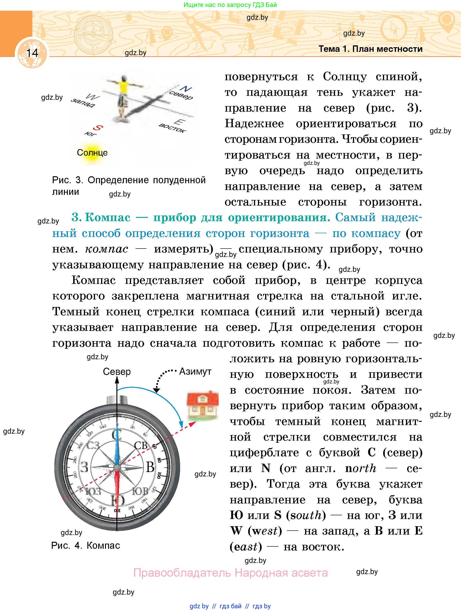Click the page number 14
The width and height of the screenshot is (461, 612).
pyautogui.click(x=32, y=53)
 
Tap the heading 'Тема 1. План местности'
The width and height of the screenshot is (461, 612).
pyautogui.click(x=370, y=49)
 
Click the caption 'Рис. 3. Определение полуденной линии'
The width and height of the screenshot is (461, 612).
pyautogui.click(x=128, y=186)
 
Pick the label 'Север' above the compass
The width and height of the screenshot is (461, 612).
pyautogui.click(x=117, y=372)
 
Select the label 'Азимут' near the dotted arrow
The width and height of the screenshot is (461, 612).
pyautogui.click(x=195, y=371)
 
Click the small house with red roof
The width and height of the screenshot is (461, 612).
pyautogui.click(x=202, y=406)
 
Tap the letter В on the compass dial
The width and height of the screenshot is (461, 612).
pyautogui.click(x=150, y=467)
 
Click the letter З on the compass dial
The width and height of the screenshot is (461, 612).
pyautogui.click(x=84, y=467)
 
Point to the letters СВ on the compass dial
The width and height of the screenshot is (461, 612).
pyautogui.click(x=141, y=445)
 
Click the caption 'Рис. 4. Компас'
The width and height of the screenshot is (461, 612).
pyautogui.click(x=86, y=545)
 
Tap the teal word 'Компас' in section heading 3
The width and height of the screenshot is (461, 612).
pyautogui.click(x=108, y=217)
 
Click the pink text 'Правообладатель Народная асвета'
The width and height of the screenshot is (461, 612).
pyautogui.click(x=230, y=572)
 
